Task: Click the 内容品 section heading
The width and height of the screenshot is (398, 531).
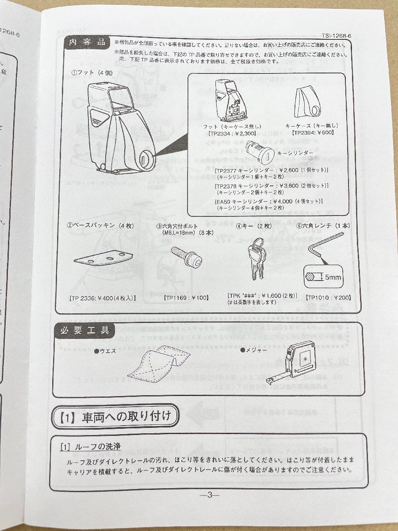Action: click(87, 42)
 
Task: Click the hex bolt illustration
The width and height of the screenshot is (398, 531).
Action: click(186, 258)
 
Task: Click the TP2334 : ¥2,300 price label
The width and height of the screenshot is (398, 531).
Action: click(230, 132)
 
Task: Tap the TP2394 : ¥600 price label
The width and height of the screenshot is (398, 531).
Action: click(313, 132)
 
